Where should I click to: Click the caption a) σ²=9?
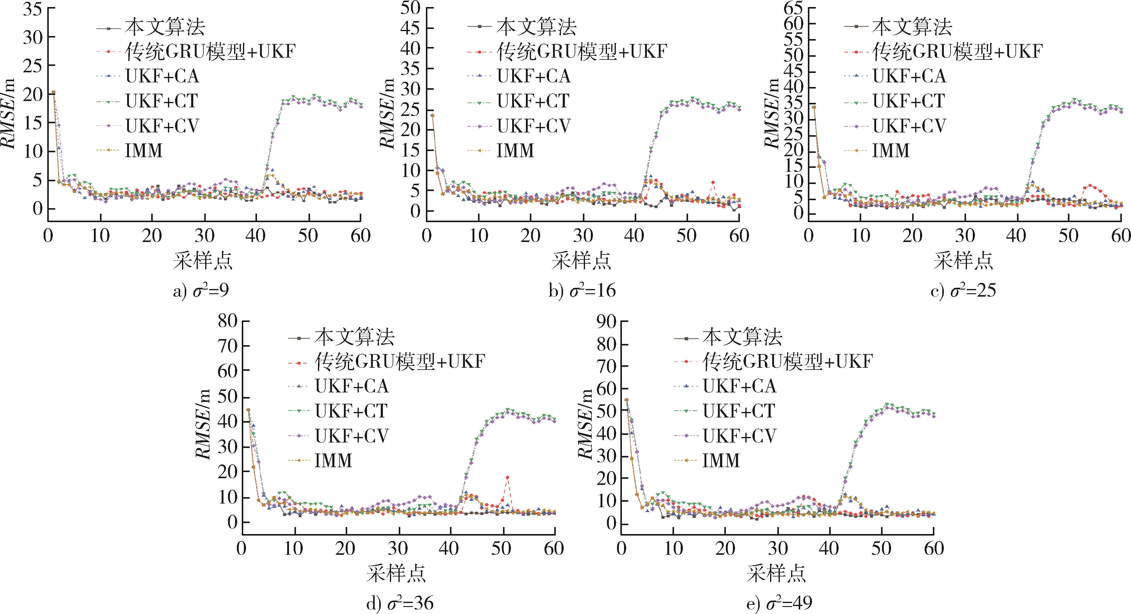[201, 291]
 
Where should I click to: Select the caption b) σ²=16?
[582, 291]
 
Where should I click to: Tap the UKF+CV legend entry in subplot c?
[909, 126]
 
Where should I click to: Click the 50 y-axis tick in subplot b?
[411, 7]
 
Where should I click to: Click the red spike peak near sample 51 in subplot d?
[508, 477]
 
